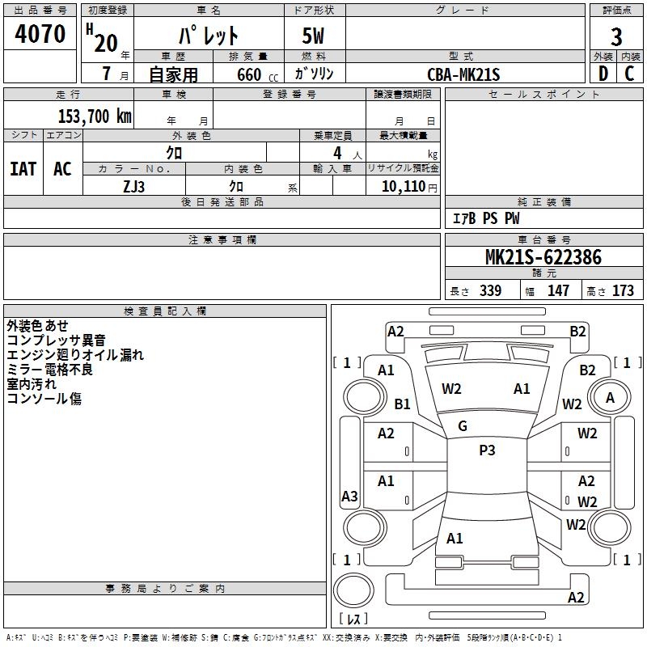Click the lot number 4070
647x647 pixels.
click(40, 34)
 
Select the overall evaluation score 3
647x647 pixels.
click(616, 36)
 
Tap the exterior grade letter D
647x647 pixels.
click(603, 74)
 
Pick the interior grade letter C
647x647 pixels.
click(630, 74)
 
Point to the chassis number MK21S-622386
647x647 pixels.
click(543, 257)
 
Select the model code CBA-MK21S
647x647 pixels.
click(464, 74)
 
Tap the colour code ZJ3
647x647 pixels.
click(134, 186)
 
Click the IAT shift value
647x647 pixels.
click(23, 169)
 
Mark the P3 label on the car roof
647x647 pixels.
click(487, 450)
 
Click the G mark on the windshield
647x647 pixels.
click(463, 426)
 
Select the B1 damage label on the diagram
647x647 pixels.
click(403, 404)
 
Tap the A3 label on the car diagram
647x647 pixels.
click(349, 497)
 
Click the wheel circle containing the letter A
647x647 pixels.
click(610, 397)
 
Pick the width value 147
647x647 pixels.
click(558, 290)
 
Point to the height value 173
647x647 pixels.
click(623, 290)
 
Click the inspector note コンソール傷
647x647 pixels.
click(44, 399)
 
